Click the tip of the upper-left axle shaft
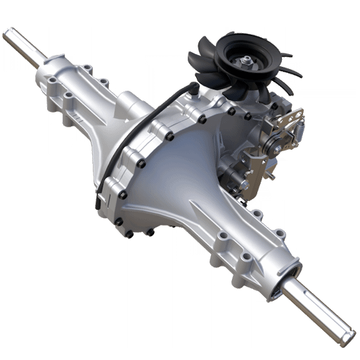(x=8, y=33)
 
